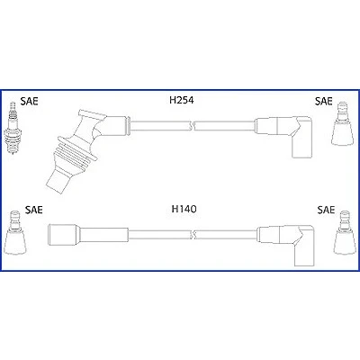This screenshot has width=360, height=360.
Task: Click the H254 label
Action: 182,100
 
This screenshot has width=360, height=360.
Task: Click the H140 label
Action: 184,209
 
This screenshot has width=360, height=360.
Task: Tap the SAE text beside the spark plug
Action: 30,101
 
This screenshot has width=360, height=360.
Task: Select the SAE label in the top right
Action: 324,101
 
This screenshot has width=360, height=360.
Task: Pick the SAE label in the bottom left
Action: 34,210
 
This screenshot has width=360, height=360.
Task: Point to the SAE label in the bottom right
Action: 326,210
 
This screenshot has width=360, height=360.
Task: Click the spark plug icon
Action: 12,129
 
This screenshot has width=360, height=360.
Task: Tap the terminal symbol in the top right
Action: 342,123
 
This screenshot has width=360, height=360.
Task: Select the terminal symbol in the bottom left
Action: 14,233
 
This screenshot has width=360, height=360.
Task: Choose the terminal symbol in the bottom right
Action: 345,233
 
